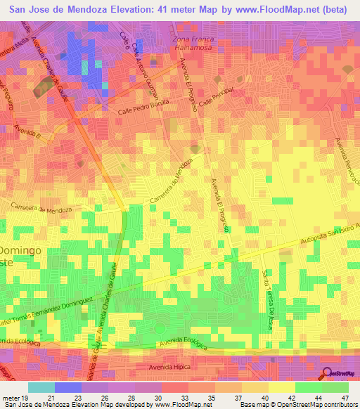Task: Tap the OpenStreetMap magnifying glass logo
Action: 328,374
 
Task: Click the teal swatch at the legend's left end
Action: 41,387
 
